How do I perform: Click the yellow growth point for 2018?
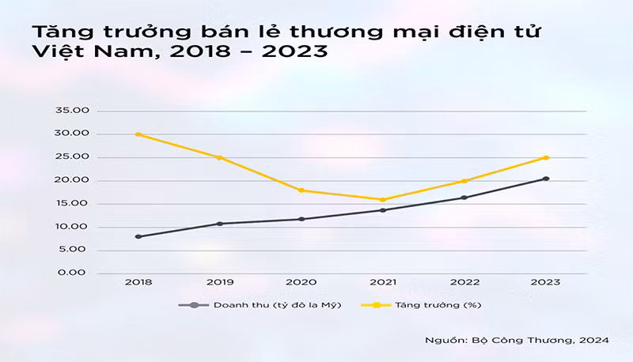[x=138, y=134]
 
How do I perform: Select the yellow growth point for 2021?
[x=383, y=199]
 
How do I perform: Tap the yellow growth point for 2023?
[x=546, y=157]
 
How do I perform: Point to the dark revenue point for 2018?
[x=138, y=236]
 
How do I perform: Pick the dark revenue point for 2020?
[x=301, y=219]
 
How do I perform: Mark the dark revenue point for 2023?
[x=546, y=179]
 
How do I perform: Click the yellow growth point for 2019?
[x=220, y=157]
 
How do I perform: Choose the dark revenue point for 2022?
[x=464, y=198]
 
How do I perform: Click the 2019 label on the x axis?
[x=220, y=283]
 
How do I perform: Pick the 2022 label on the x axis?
[x=464, y=283]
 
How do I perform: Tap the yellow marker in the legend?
[x=376, y=304]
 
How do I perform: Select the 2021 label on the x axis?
[x=383, y=283]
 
